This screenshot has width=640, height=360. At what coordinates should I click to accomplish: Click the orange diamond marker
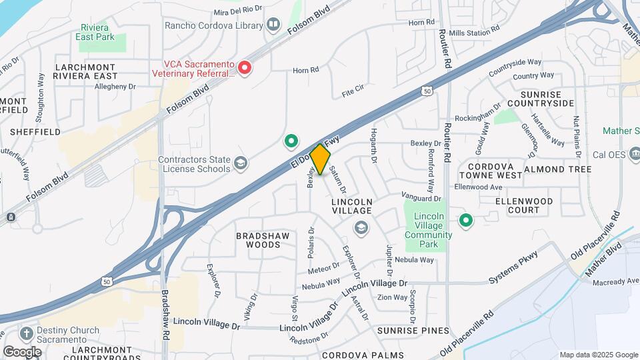tap(320, 159)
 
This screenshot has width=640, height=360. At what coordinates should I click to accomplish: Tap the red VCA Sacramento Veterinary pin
tap(245, 67)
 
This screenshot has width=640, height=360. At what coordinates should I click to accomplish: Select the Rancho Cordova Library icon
tap(273, 25)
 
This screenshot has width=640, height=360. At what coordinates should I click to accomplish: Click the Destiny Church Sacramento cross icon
tap(27, 333)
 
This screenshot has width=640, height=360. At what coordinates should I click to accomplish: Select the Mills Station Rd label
tap(474, 31)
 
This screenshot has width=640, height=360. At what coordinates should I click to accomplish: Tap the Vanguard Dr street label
tap(422, 197)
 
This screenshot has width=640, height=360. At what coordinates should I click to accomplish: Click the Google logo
tap(23, 351)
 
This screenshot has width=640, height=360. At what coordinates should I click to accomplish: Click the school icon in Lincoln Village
tap(361, 229)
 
